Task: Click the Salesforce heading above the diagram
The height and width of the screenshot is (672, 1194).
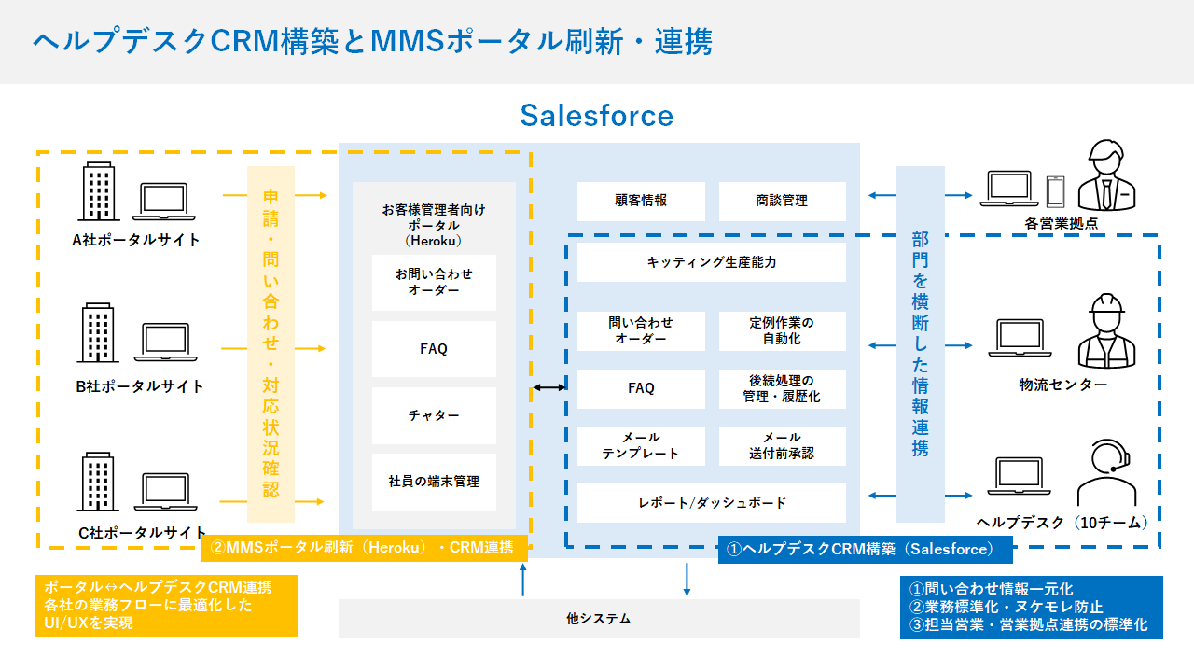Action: click(597, 116)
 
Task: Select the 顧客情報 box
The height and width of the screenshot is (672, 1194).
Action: click(641, 201)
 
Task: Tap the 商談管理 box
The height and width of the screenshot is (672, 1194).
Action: click(782, 201)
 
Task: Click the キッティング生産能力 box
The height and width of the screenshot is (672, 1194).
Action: click(711, 262)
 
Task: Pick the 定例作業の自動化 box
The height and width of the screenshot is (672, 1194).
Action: click(782, 330)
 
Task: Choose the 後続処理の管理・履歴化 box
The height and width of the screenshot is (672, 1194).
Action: click(782, 389)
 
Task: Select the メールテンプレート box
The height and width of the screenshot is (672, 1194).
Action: click(641, 446)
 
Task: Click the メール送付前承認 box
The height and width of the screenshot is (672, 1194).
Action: click(782, 446)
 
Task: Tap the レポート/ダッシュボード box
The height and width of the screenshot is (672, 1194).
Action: click(711, 503)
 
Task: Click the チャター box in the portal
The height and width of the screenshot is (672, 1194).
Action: click(434, 416)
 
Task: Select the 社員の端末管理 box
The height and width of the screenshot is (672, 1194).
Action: click(434, 482)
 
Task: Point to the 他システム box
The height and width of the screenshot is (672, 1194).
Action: click(598, 618)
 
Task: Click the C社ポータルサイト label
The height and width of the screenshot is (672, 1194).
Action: click(143, 533)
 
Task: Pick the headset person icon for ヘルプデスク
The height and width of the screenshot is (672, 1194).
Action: click(1106, 472)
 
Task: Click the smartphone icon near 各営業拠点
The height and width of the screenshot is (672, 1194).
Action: click(1055, 191)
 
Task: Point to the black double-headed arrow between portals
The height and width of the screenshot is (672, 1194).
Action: click(549, 386)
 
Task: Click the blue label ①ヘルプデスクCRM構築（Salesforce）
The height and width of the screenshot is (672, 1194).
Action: click(865, 549)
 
